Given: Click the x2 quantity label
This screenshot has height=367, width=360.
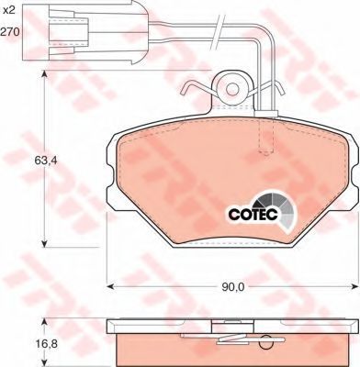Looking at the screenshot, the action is [x=9, y=11].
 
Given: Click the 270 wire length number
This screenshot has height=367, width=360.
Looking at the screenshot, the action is [x=10, y=31].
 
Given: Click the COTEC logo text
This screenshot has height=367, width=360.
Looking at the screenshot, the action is [x=253, y=215].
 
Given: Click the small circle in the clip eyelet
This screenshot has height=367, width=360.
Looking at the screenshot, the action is [x=232, y=89].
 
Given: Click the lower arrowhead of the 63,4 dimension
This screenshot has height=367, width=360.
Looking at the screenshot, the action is [x=45, y=242].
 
